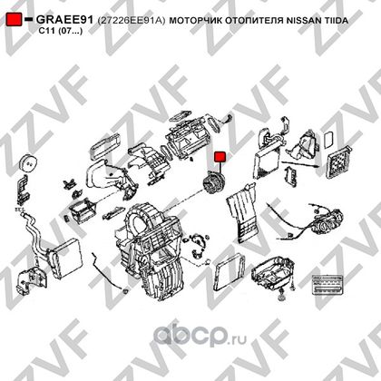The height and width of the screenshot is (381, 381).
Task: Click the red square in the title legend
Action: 14,19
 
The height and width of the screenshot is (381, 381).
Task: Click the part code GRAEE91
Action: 64,20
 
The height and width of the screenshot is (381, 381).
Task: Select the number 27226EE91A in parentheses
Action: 132,21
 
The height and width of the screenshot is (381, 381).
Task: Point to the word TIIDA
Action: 332,21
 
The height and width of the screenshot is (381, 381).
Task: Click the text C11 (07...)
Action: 60,31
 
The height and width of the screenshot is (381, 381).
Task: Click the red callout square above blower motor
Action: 220,157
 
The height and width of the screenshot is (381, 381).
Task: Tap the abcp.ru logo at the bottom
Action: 200,335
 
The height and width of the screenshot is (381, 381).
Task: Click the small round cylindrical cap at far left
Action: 28,163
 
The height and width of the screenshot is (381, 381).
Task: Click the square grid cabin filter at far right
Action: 338,161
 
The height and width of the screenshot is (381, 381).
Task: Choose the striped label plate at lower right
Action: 328,285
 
